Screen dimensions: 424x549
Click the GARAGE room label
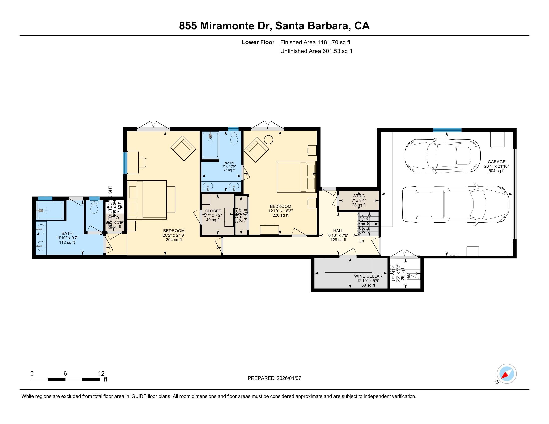[x=496, y=162]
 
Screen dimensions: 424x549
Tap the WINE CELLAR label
[x=368, y=276]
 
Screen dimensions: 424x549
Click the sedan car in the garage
[x=442, y=156]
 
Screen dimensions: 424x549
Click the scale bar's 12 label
[x=101, y=374]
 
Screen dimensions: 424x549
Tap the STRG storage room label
[x=359, y=196]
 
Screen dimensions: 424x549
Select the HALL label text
[x=338, y=231]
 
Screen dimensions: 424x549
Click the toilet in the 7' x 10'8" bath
[x=234, y=138]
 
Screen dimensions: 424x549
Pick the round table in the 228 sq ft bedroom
[x=268, y=139]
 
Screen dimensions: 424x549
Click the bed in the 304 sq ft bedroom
[x=147, y=200]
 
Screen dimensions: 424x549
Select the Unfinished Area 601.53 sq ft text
[x=316, y=51]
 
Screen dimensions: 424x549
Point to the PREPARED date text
[x=274, y=378]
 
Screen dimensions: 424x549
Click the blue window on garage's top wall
[x=447, y=130]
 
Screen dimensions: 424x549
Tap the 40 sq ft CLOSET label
[x=213, y=211]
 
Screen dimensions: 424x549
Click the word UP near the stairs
[x=361, y=242]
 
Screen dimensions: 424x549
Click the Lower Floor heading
[x=258, y=42]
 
